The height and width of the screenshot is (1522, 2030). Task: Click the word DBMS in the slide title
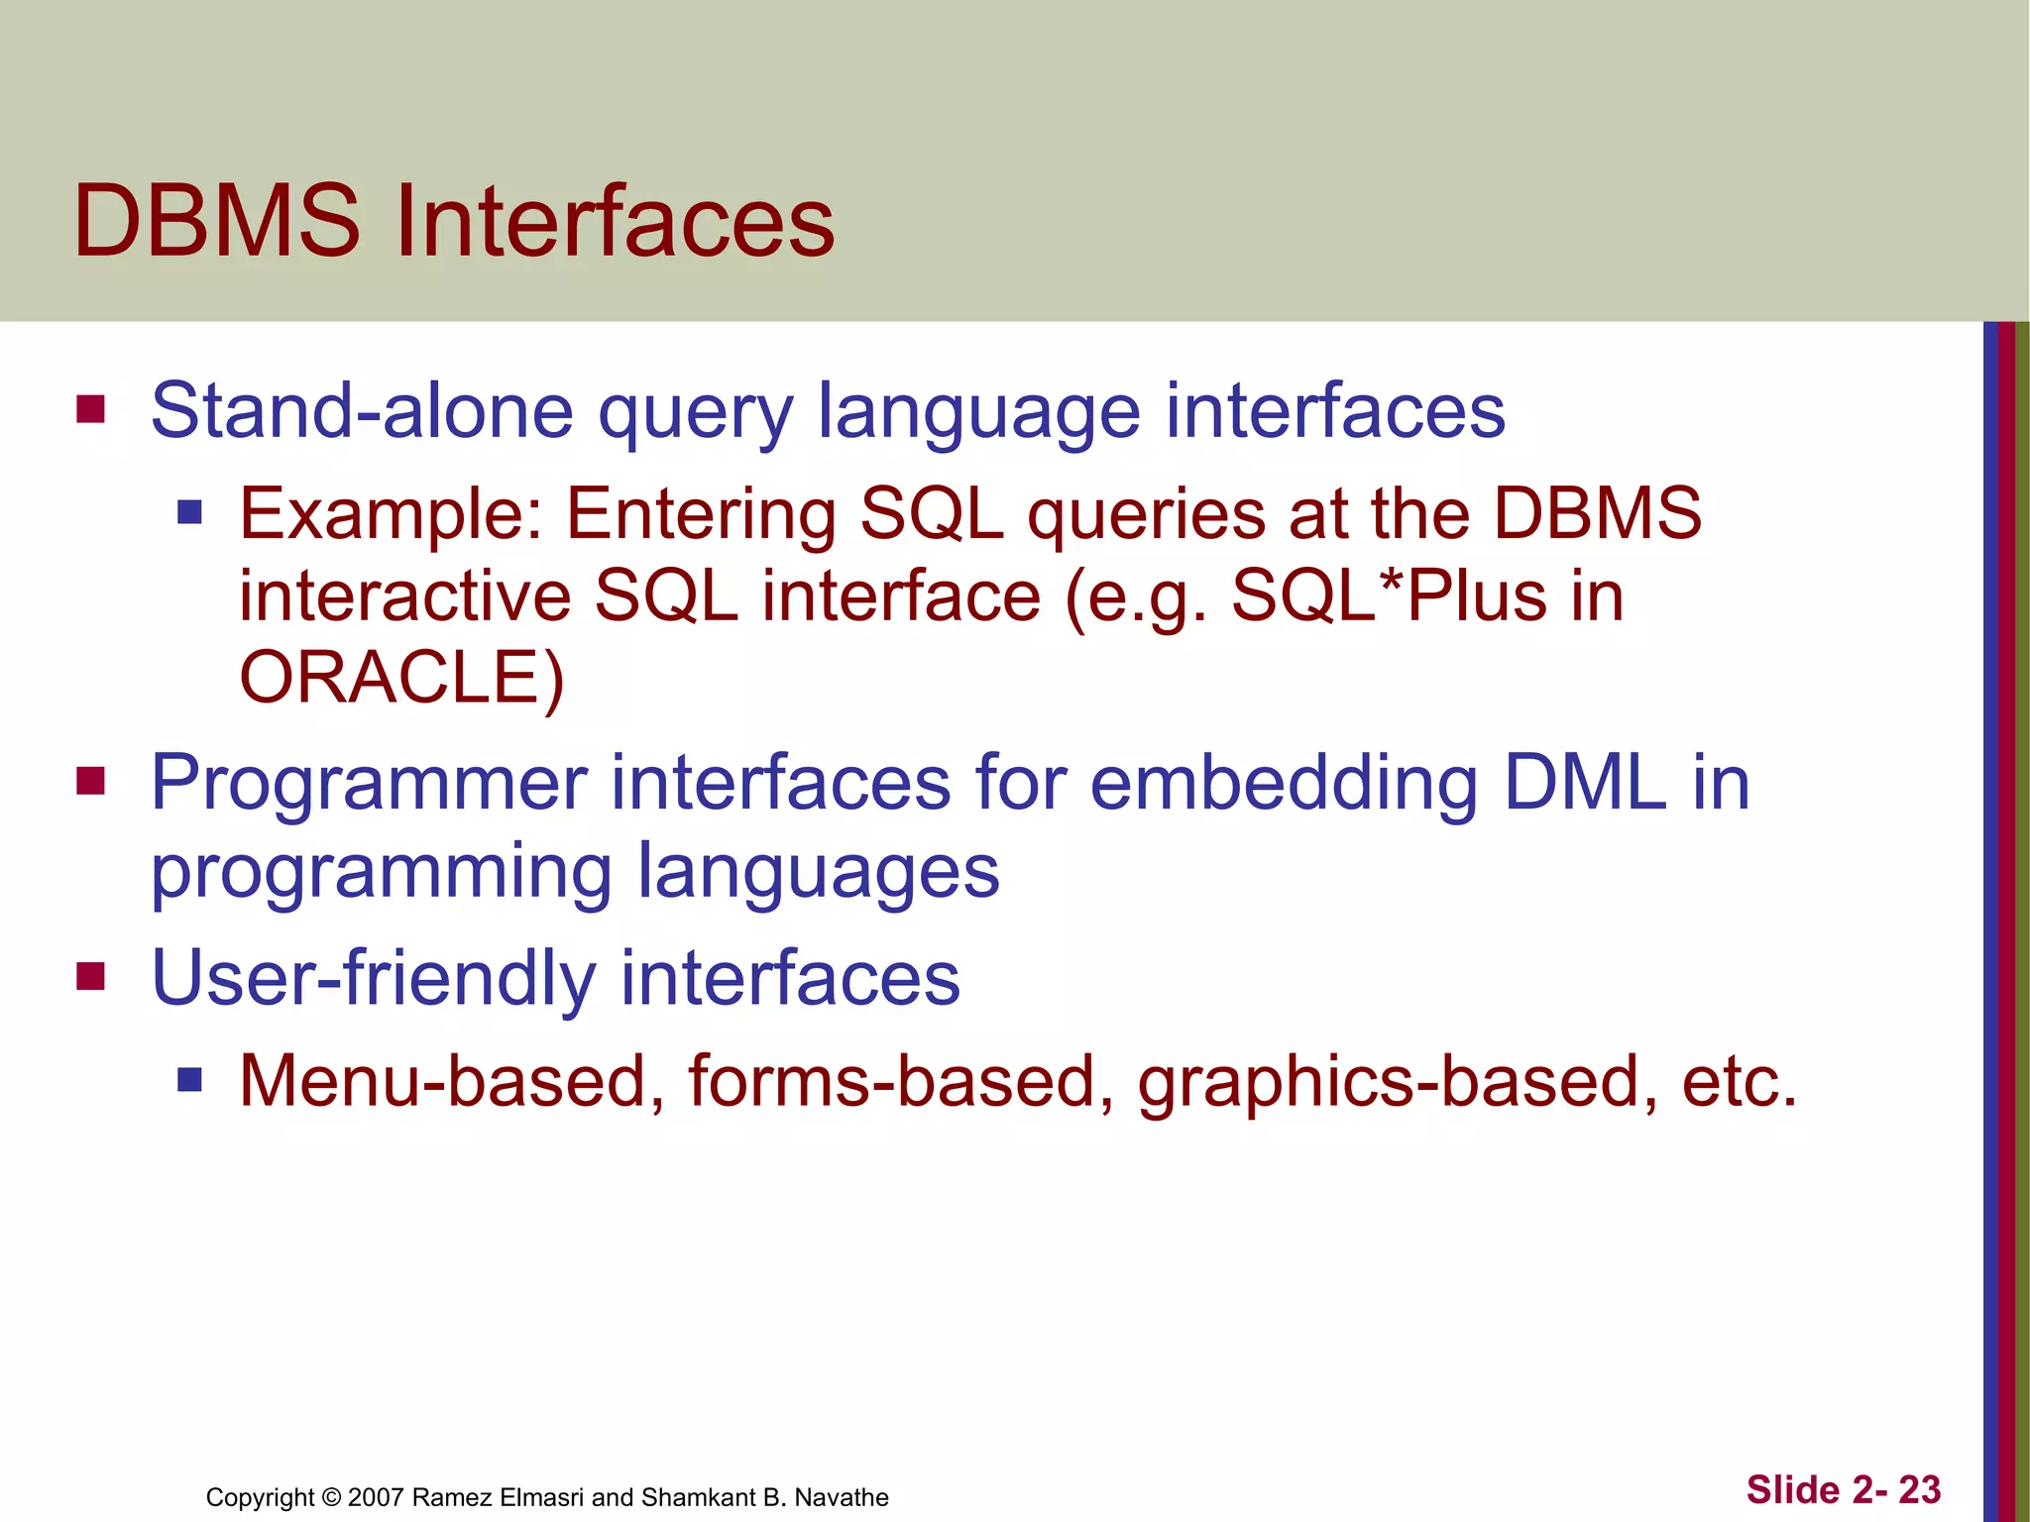coord(216,222)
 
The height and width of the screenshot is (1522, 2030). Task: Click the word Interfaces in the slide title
coord(615,222)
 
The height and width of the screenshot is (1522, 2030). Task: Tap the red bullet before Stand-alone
coord(90,409)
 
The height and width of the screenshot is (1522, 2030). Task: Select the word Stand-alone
coord(362,410)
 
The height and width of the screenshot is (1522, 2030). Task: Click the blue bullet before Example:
coord(189,512)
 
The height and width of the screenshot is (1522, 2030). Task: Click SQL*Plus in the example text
coord(1388,597)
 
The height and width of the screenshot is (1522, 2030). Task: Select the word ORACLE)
coord(401,679)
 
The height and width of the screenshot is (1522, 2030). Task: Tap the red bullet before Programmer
coord(90,782)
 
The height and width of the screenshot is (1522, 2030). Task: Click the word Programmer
coord(369,784)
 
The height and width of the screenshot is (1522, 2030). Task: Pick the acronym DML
coord(1584,783)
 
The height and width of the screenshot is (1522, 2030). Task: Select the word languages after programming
coord(818,873)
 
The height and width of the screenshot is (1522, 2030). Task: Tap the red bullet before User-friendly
coord(90,976)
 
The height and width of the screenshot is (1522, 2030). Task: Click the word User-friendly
coord(373,978)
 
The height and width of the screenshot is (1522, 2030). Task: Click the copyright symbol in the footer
coord(331,1497)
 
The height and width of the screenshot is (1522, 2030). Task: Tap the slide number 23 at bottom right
coord(1919,1490)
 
